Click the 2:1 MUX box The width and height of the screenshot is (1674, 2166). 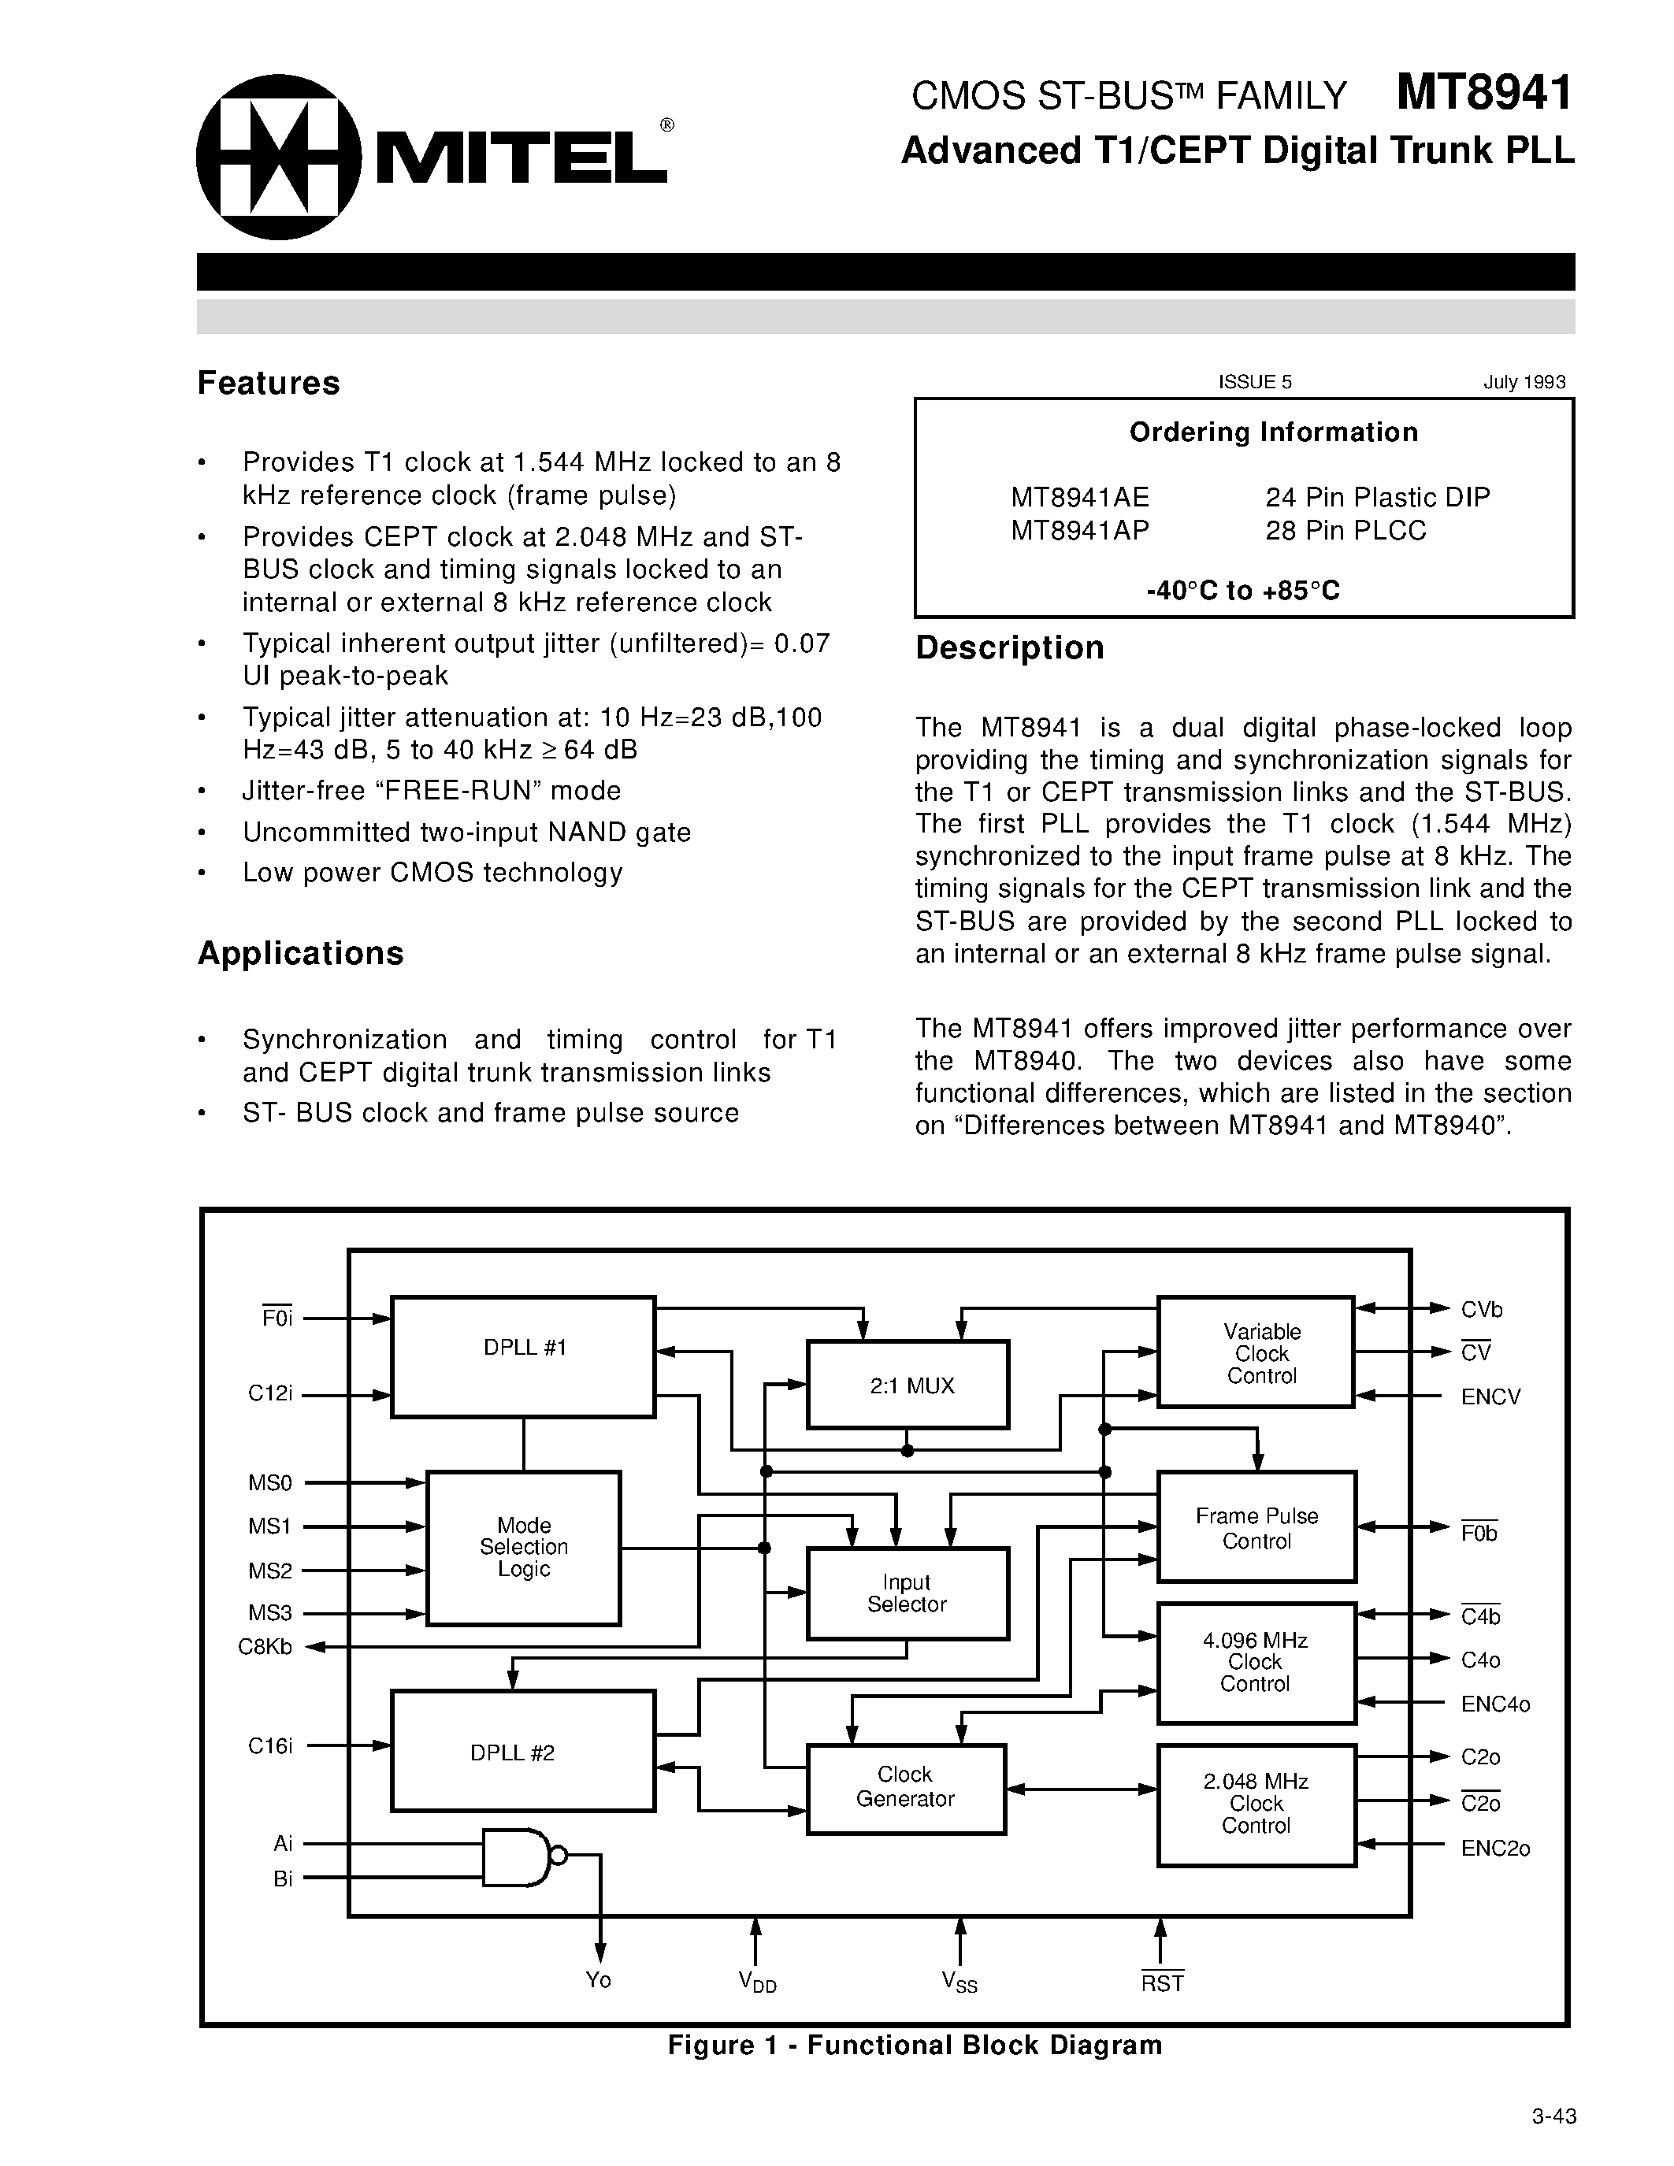[x=908, y=1385]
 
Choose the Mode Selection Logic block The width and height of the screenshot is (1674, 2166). [x=524, y=1547]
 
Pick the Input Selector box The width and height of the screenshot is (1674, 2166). [x=908, y=1593]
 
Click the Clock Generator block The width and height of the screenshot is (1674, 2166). [x=905, y=1787]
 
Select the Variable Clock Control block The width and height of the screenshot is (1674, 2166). [x=1256, y=1352]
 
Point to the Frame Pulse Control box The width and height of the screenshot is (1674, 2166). [x=1256, y=1527]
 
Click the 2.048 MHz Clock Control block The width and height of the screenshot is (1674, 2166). [x=1256, y=1804]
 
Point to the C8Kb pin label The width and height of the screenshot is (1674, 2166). [x=265, y=1647]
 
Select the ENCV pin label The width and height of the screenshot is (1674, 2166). [x=1490, y=1397]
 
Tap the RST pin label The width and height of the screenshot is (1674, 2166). [x=1162, y=1982]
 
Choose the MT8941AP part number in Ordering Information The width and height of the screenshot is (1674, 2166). [x=1080, y=531]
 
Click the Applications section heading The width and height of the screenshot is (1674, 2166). [x=300, y=953]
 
